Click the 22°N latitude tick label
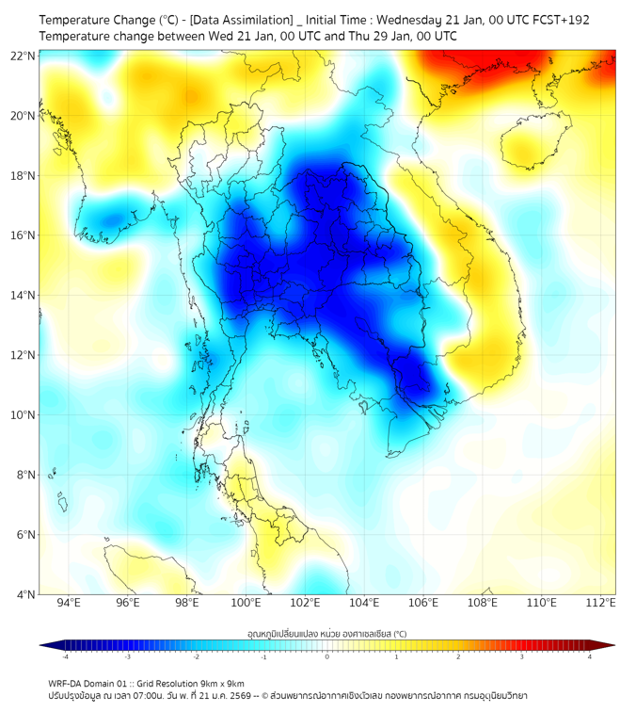tap(23, 56)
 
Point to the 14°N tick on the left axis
tap(23, 296)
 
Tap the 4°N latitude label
tap(25, 594)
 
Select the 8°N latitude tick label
tap(25, 475)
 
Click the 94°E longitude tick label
tap(69, 603)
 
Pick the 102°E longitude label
tap(305, 603)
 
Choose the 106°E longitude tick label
tap(423, 603)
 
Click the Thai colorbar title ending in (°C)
tap(326, 634)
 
